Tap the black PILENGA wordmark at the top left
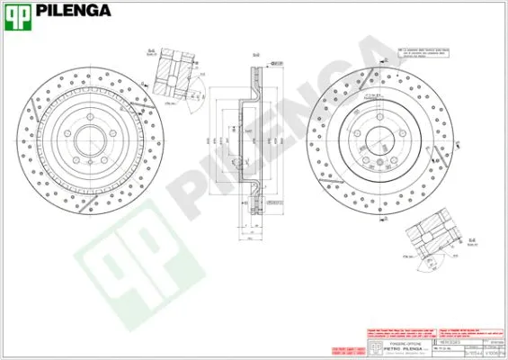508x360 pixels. [x=74, y=12]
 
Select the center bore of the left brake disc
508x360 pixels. [x=87, y=141]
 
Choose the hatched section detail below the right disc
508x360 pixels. [x=435, y=238]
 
